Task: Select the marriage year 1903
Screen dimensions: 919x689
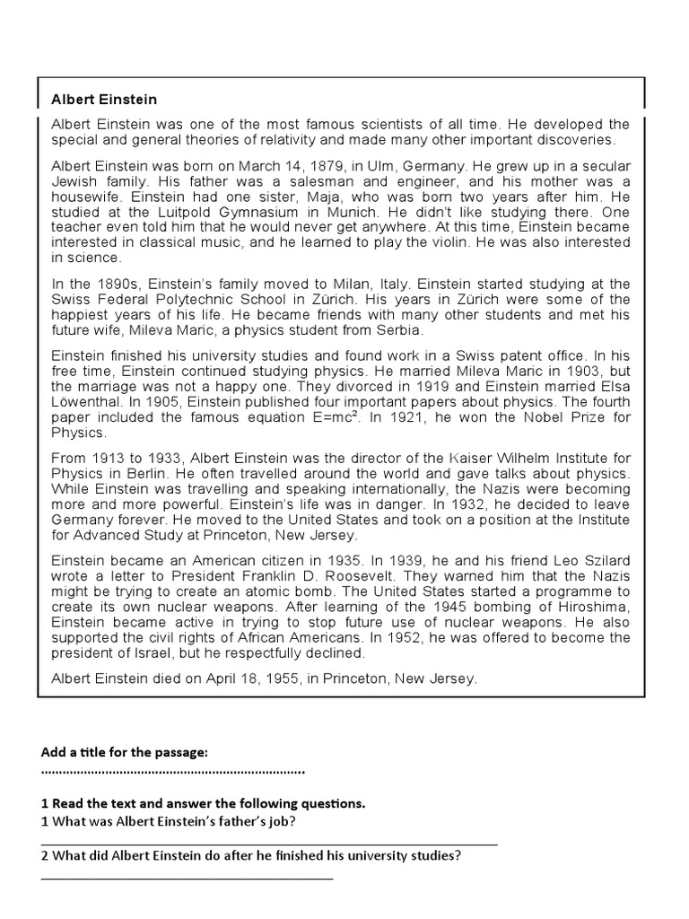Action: (462, 370)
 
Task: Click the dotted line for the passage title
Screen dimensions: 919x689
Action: (172, 771)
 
